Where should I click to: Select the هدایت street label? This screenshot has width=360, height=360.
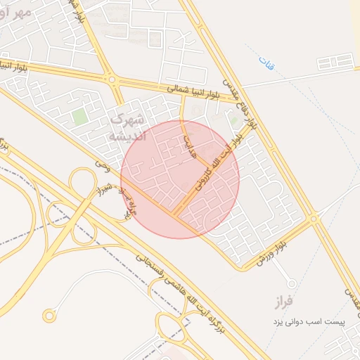pos(188,148)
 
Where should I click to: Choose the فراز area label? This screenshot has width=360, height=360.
pos(289,303)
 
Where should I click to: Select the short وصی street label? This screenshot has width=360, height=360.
pos(103,166)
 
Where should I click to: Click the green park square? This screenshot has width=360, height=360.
pos(79,116)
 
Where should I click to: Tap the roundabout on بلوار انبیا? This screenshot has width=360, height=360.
pos(112,79)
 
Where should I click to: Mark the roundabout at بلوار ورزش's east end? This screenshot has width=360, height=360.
pos(314,220)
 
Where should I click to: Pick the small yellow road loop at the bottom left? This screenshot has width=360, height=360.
pos(49,314)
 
